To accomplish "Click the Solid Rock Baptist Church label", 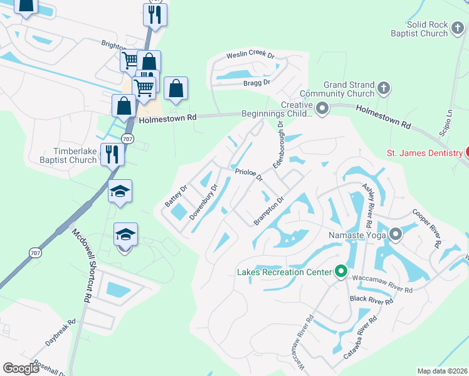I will click(427, 29).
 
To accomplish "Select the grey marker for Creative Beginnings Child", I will click(322, 109).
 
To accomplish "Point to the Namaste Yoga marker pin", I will click(396, 235).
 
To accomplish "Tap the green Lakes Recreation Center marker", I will click(341, 271).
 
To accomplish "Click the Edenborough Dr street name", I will click(278, 145).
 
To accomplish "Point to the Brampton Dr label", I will click(270, 211).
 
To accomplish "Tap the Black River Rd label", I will click(372, 300).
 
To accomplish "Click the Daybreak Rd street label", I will click(60, 330).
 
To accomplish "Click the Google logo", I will click(21, 368).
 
